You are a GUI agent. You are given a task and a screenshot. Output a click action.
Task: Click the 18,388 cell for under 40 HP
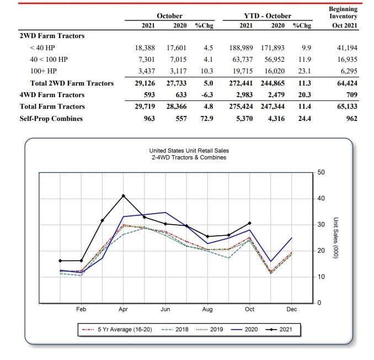pos(145,47)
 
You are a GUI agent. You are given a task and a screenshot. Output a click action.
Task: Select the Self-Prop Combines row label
pos(51,119)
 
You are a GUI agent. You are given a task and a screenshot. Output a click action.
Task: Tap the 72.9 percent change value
pos(207,119)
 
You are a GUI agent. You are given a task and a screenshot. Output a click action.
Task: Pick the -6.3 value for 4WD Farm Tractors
pos(207,95)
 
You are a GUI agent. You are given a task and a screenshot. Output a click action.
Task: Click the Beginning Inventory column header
pos(343,13)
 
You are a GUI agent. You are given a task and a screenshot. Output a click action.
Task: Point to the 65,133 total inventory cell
pos(347,107)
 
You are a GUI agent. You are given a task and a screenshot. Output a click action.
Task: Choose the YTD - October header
pos(268,16)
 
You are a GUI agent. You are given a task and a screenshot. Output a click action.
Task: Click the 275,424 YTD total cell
pos(241,107)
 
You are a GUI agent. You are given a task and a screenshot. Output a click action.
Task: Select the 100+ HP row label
pos(44,71)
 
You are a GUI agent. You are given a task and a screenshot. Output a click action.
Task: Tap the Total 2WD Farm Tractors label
pos(72,83)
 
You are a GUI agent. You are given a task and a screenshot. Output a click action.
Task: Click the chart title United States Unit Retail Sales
pos(189,151)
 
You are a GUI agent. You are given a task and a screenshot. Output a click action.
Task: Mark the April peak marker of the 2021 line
pos(124,196)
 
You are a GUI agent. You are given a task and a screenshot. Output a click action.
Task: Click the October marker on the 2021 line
pos(249,223)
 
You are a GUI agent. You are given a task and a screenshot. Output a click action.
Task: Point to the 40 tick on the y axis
pos(321,198)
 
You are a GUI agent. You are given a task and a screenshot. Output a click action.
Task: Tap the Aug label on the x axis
pos(207,309)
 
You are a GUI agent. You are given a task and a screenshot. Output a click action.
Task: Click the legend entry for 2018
pos(175,330)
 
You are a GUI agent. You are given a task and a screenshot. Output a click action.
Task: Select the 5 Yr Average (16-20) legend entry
pos(117,330)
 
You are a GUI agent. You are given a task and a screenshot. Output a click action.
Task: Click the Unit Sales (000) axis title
pos(335,238)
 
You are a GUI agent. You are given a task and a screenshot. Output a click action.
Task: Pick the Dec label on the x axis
pos(291,309)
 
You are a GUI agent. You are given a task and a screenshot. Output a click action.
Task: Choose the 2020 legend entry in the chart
pos(244,330)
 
